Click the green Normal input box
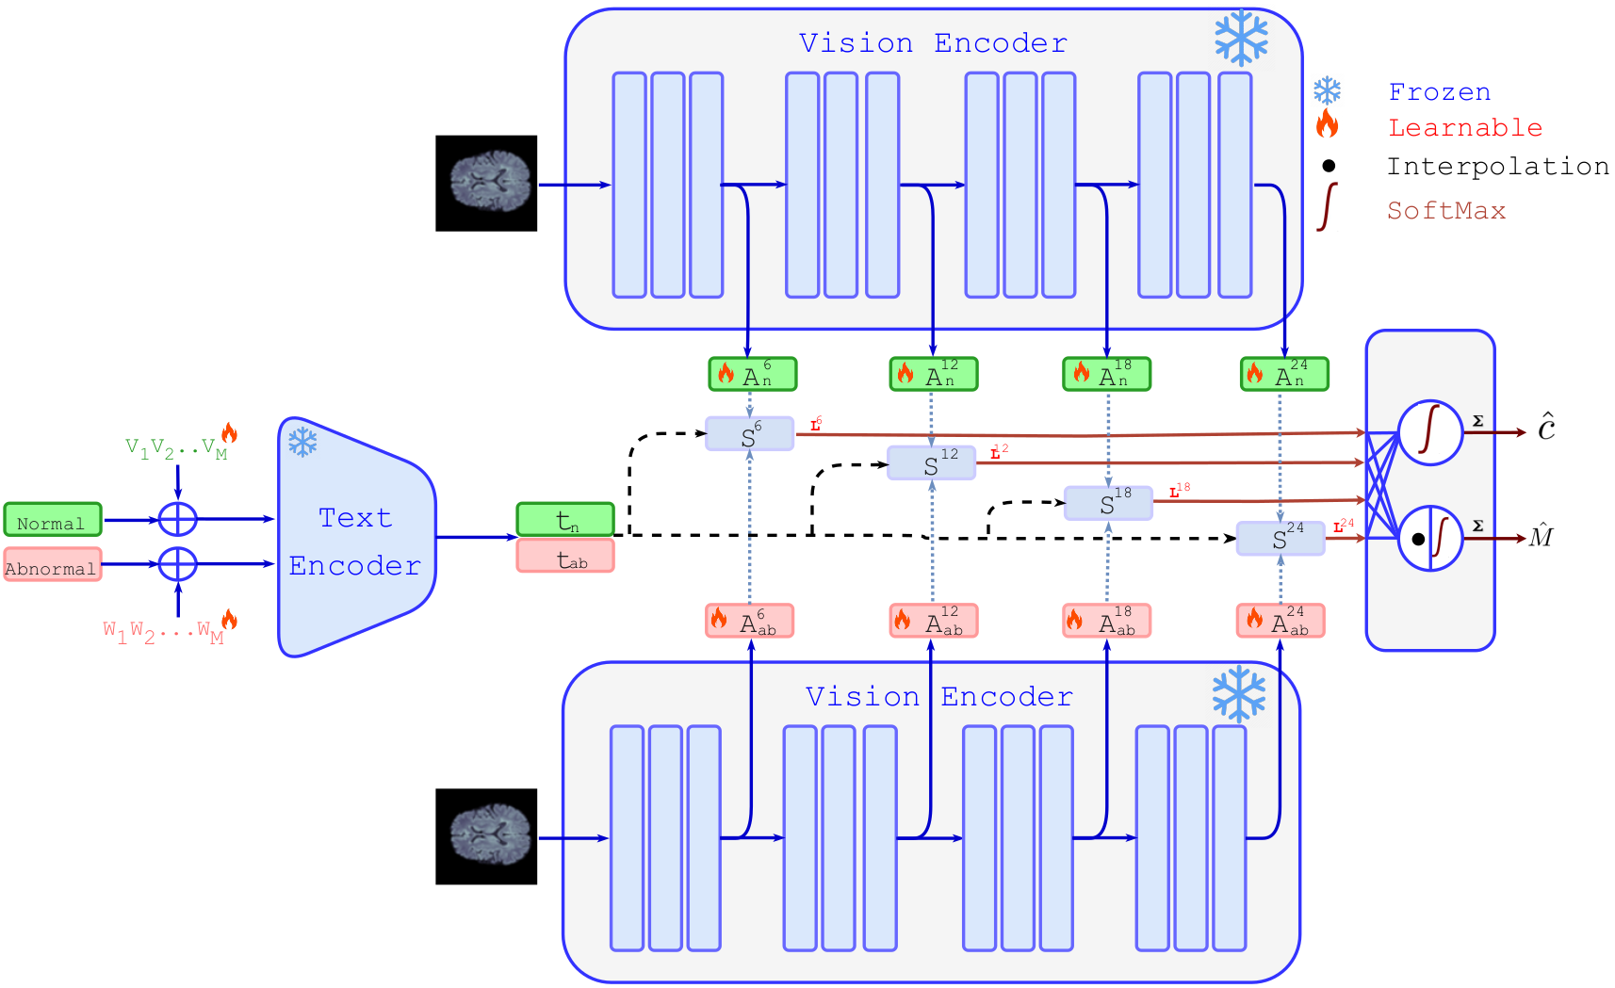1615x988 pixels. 53,520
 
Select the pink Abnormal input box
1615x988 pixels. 53,565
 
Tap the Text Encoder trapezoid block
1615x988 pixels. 355,538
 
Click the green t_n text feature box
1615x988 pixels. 565,519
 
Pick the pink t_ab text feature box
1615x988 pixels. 565,556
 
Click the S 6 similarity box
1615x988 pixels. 750,434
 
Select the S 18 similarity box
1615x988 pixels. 1108,503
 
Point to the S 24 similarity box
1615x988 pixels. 1281,538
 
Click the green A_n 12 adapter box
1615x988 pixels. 934,374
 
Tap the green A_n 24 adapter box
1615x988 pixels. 1284,374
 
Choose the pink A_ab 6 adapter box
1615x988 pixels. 750,621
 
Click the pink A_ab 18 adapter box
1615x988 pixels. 1107,621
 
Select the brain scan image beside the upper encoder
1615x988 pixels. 486,184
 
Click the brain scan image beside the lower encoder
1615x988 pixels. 486,836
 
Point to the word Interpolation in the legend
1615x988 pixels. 1497,167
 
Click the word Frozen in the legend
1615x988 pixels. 1439,92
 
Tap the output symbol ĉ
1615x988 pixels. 1546,429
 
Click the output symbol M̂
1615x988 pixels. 1541,537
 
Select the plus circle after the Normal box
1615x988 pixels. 177,519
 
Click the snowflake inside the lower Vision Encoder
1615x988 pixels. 1238,694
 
